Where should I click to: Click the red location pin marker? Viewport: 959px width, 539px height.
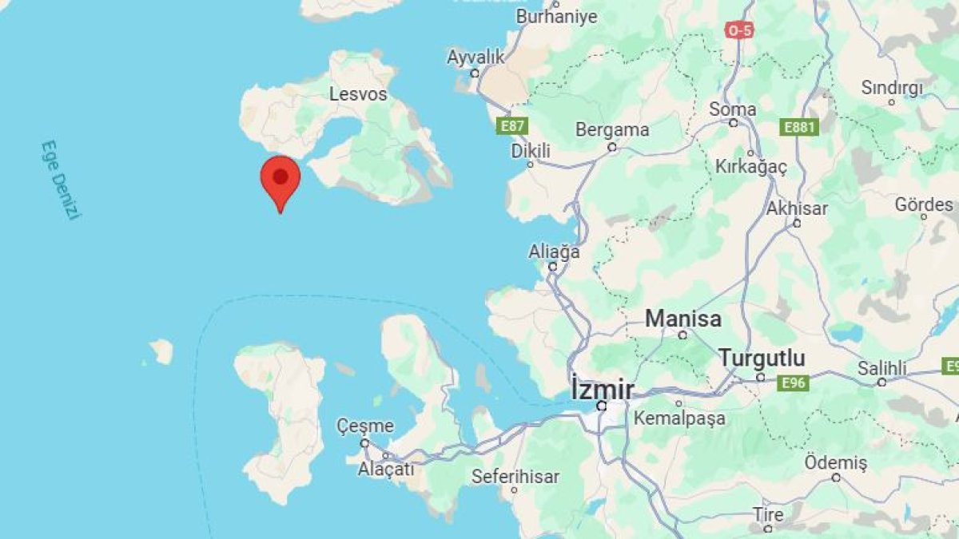pyautogui.click(x=281, y=179)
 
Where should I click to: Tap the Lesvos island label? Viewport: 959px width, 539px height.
pyautogui.click(x=358, y=94)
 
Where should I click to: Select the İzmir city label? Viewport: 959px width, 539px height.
pyautogui.click(x=603, y=390)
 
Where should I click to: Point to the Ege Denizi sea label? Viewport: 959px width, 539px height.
pyautogui.click(x=61, y=180)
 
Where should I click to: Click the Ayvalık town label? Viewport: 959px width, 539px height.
pyautogui.click(x=476, y=57)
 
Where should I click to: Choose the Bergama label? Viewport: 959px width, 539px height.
pyautogui.click(x=613, y=129)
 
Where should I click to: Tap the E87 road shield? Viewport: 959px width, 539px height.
pyautogui.click(x=511, y=125)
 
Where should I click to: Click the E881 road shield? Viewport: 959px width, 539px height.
pyautogui.click(x=799, y=127)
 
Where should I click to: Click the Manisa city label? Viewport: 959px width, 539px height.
pyautogui.click(x=683, y=319)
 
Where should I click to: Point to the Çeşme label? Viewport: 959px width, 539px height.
pyautogui.click(x=365, y=426)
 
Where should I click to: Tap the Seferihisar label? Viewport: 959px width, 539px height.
pyautogui.click(x=515, y=477)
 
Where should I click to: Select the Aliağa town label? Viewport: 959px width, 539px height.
pyautogui.click(x=554, y=252)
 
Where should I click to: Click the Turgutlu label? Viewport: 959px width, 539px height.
pyautogui.click(x=762, y=358)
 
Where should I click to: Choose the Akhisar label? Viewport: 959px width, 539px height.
pyautogui.click(x=797, y=209)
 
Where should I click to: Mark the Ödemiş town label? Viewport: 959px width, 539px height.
pyautogui.click(x=835, y=463)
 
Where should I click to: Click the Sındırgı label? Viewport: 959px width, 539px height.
pyautogui.click(x=892, y=88)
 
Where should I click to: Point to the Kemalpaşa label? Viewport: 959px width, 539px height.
pyautogui.click(x=679, y=418)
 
